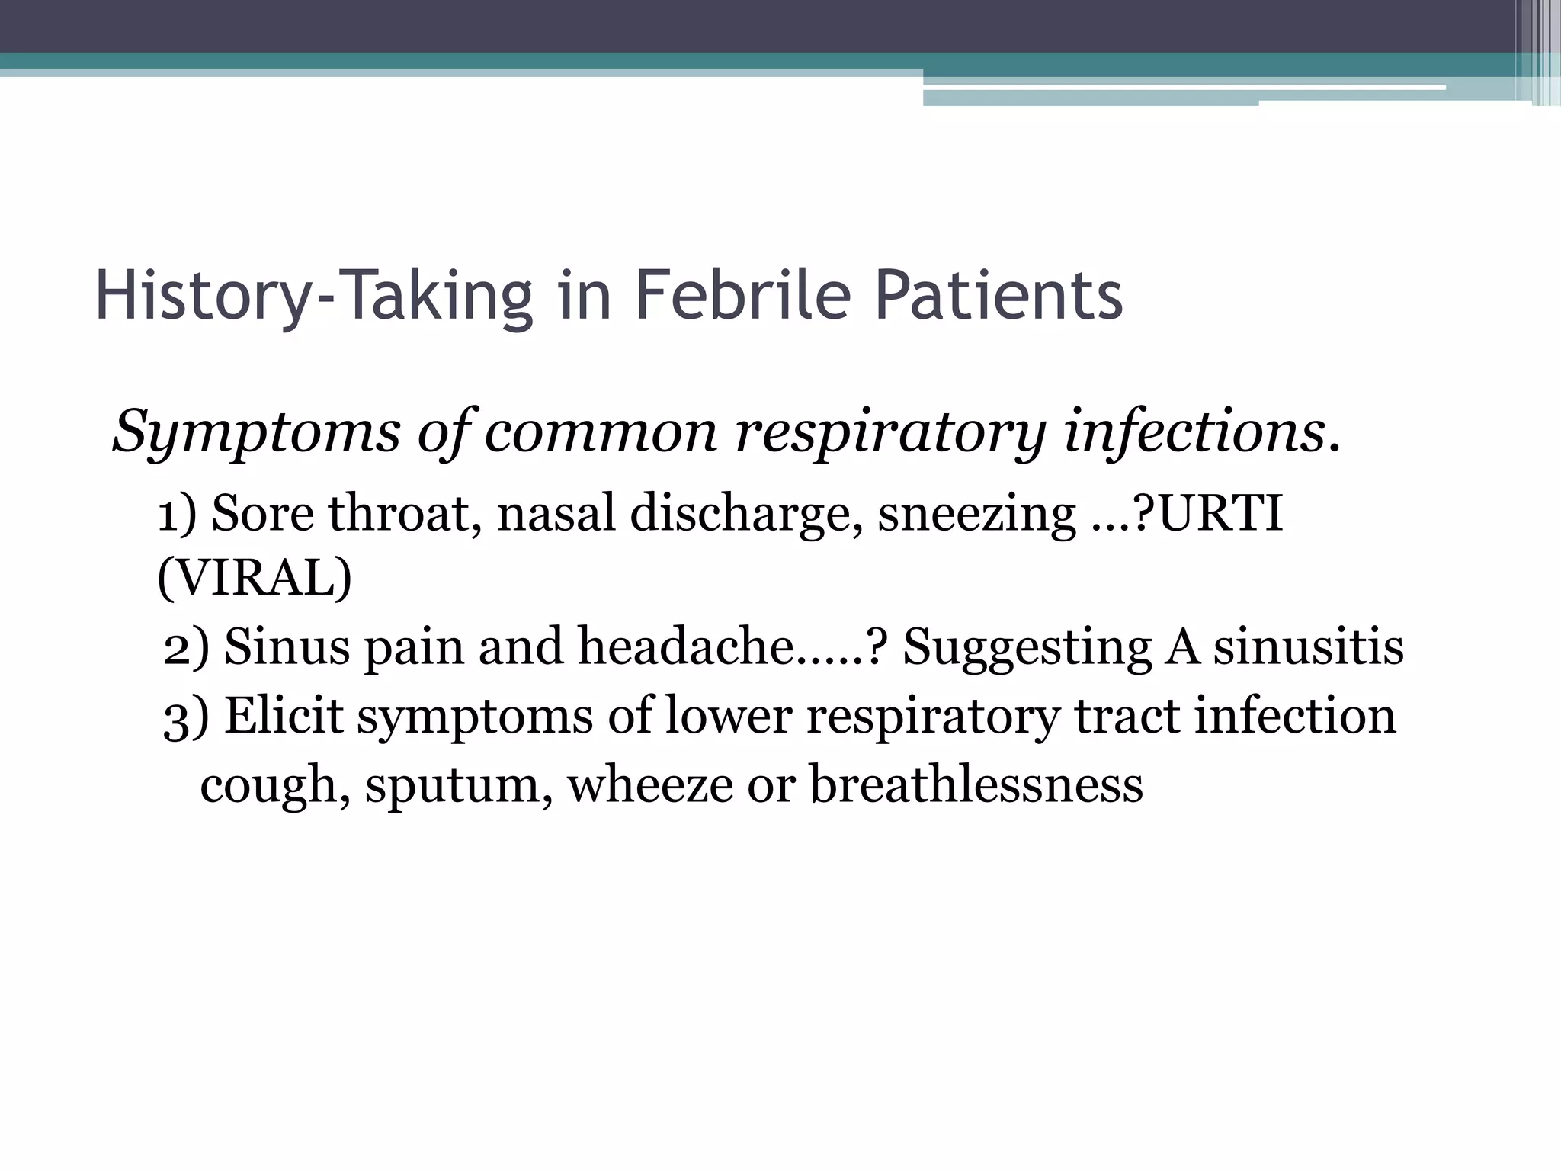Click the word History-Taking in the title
click(x=313, y=297)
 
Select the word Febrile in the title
click(x=742, y=297)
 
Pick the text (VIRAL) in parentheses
click(x=255, y=579)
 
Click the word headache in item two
click(x=685, y=647)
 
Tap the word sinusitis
click(x=1308, y=647)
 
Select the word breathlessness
click(x=976, y=784)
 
